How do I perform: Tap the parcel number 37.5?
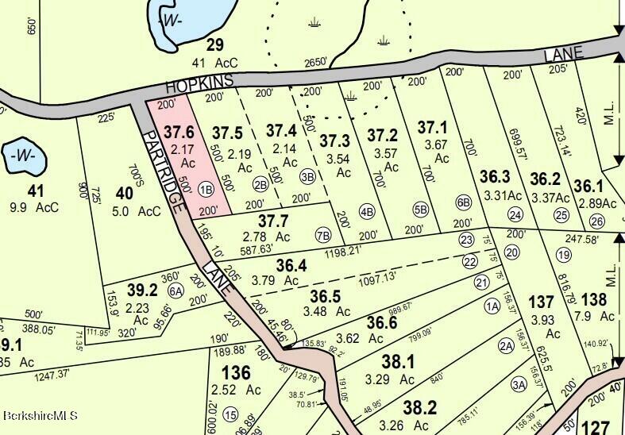(x=227, y=133)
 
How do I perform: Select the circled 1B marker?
(x=206, y=188)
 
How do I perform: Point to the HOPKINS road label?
(x=199, y=82)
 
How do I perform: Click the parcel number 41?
(x=35, y=191)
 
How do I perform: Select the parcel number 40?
(x=123, y=191)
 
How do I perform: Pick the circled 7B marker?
(x=322, y=234)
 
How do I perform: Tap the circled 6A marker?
(x=176, y=291)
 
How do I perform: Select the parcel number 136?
(x=236, y=372)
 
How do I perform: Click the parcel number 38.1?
(x=398, y=362)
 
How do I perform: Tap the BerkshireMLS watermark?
(x=41, y=414)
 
